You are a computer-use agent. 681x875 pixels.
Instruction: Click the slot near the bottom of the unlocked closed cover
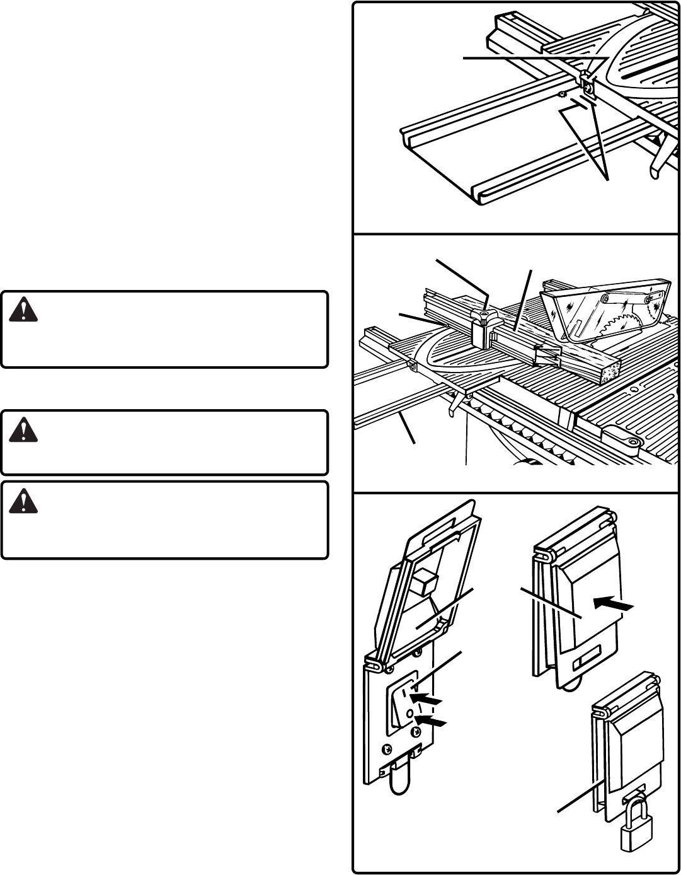pos(585,663)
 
